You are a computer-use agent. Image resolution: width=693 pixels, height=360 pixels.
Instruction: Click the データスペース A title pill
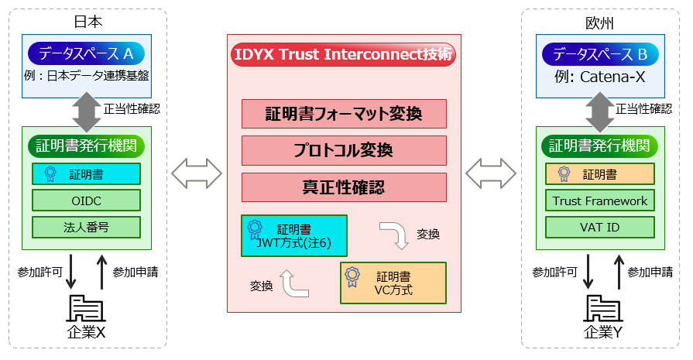tap(85, 53)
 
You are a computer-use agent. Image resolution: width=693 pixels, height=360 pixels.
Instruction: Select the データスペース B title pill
tap(600, 53)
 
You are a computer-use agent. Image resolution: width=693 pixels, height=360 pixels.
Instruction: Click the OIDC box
tap(86, 201)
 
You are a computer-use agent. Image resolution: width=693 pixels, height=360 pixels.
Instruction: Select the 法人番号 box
tap(86, 227)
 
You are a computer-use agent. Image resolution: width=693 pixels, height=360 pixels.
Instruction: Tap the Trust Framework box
tap(600, 201)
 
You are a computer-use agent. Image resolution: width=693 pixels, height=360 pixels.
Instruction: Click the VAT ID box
tap(600, 227)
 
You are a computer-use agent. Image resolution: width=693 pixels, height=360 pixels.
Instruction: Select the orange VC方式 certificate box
tap(393, 283)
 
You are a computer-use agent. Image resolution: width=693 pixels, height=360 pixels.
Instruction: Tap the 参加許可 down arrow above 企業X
tap(70, 272)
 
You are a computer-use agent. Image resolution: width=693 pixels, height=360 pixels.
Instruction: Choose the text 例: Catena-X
tap(600, 77)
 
